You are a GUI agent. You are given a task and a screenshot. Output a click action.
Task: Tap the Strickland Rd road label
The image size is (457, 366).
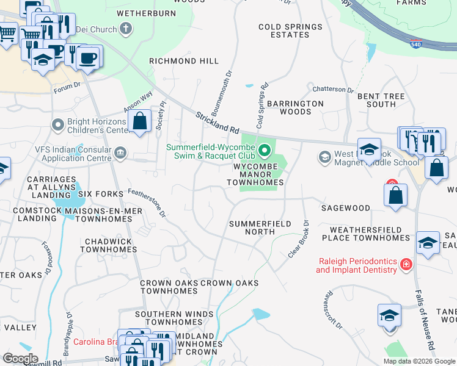point(218,123)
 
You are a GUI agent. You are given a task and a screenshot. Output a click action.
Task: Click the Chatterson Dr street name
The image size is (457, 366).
point(333,90)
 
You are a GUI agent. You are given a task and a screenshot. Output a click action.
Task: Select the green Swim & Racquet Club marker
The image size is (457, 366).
point(265,149)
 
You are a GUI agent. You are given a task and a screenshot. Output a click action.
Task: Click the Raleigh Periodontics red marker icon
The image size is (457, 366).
point(406,264)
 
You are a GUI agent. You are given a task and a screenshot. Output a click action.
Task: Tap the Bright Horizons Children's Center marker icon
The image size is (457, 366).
point(58,125)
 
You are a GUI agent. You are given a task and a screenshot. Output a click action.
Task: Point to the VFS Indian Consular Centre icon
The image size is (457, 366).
point(120,152)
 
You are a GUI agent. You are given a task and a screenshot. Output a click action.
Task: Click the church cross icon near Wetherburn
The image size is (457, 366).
point(125,28)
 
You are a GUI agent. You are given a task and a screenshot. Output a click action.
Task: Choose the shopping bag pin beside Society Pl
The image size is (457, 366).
point(140,120)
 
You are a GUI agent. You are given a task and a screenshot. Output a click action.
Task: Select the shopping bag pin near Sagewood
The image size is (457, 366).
point(395,195)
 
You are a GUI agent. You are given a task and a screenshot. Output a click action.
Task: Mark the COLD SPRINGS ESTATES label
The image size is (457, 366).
point(290,30)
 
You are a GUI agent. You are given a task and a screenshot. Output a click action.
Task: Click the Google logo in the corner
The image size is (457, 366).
point(20,358)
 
